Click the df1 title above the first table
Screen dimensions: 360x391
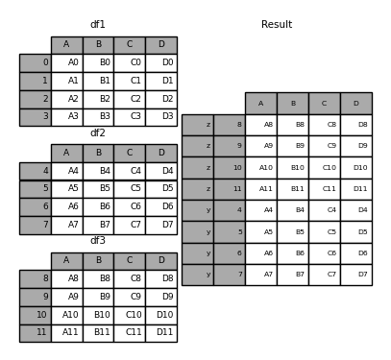(98, 24)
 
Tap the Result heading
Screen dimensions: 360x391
(277, 24)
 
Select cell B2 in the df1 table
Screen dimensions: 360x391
(98, 99)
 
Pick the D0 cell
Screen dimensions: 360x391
(161, 63)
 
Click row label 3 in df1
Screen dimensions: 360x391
(36, 117)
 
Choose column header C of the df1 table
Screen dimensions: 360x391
(130, 45)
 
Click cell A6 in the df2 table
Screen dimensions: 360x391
(67, 207)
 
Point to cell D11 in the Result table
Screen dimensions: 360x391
(355, 189)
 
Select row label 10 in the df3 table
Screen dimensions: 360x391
(36, 315)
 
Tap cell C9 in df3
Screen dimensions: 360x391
(130, 298)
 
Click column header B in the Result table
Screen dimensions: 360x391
(292, 104)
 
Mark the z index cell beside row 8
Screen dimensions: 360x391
(198, 125)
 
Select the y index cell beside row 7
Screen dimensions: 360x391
(198, 275)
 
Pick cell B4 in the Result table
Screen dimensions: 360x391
(292, 210)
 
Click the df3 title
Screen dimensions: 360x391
(98, 241)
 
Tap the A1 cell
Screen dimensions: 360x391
(67, 82)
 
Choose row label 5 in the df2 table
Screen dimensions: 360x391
(36, 189)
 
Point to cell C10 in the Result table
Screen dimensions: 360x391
(324, 168)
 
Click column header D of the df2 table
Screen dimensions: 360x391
(161, 153)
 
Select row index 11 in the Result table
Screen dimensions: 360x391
(230, 189)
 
